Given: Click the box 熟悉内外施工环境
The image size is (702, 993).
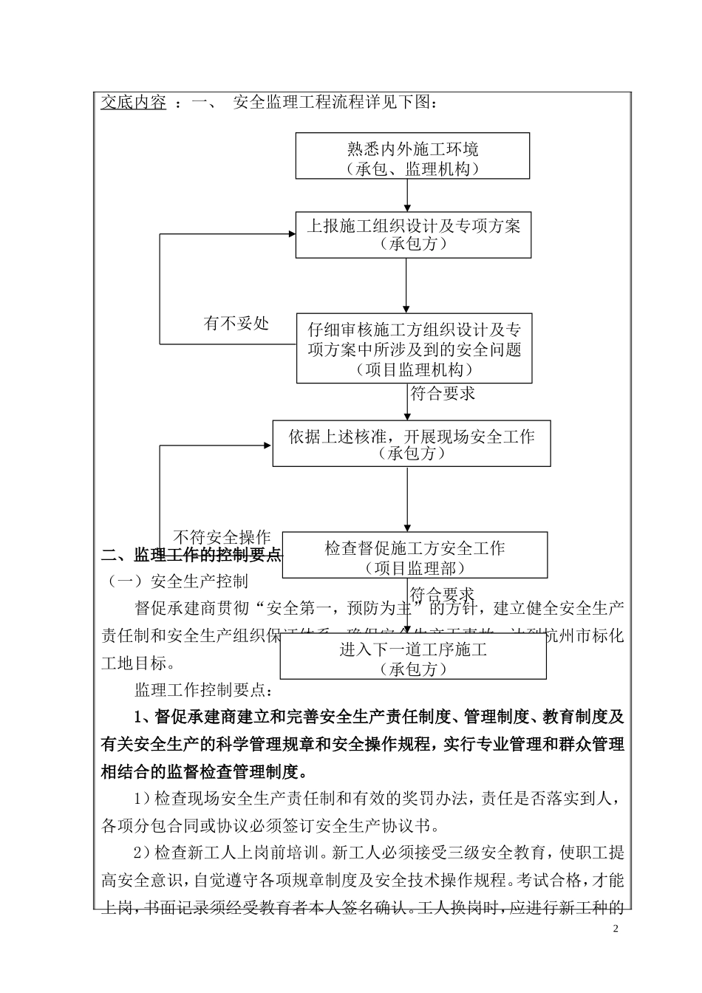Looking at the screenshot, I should tap(412, 156).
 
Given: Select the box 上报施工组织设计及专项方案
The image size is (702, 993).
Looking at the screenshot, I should tap(413, 235).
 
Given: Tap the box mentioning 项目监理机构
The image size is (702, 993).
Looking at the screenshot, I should tap(414, 349).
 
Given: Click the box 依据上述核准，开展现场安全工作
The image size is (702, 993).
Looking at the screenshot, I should tap(411, 443).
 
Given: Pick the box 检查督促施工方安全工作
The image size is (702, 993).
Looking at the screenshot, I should tap(415, 555).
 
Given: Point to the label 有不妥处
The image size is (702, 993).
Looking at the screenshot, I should tap(236, 323).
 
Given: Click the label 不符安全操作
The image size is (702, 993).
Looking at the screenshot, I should tap(222, 537).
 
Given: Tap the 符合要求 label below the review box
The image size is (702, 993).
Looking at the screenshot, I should tap(443, 394).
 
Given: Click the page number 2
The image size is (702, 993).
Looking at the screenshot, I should tap(615, 928).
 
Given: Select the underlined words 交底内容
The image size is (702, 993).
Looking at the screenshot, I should tap(134, 103).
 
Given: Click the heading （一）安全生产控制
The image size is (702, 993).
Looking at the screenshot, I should tap(178, 581).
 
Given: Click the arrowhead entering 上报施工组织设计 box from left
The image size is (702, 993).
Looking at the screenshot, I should tap(290, 235).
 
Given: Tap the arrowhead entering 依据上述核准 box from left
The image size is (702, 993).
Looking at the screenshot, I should tap(267, 446).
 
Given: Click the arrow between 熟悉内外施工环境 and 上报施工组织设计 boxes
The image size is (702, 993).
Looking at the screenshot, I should tap(407, 196).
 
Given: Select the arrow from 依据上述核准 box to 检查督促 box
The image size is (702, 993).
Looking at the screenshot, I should tap(407, 499).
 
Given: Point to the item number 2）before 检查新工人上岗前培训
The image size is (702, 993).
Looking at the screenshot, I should tap(143, 853).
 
